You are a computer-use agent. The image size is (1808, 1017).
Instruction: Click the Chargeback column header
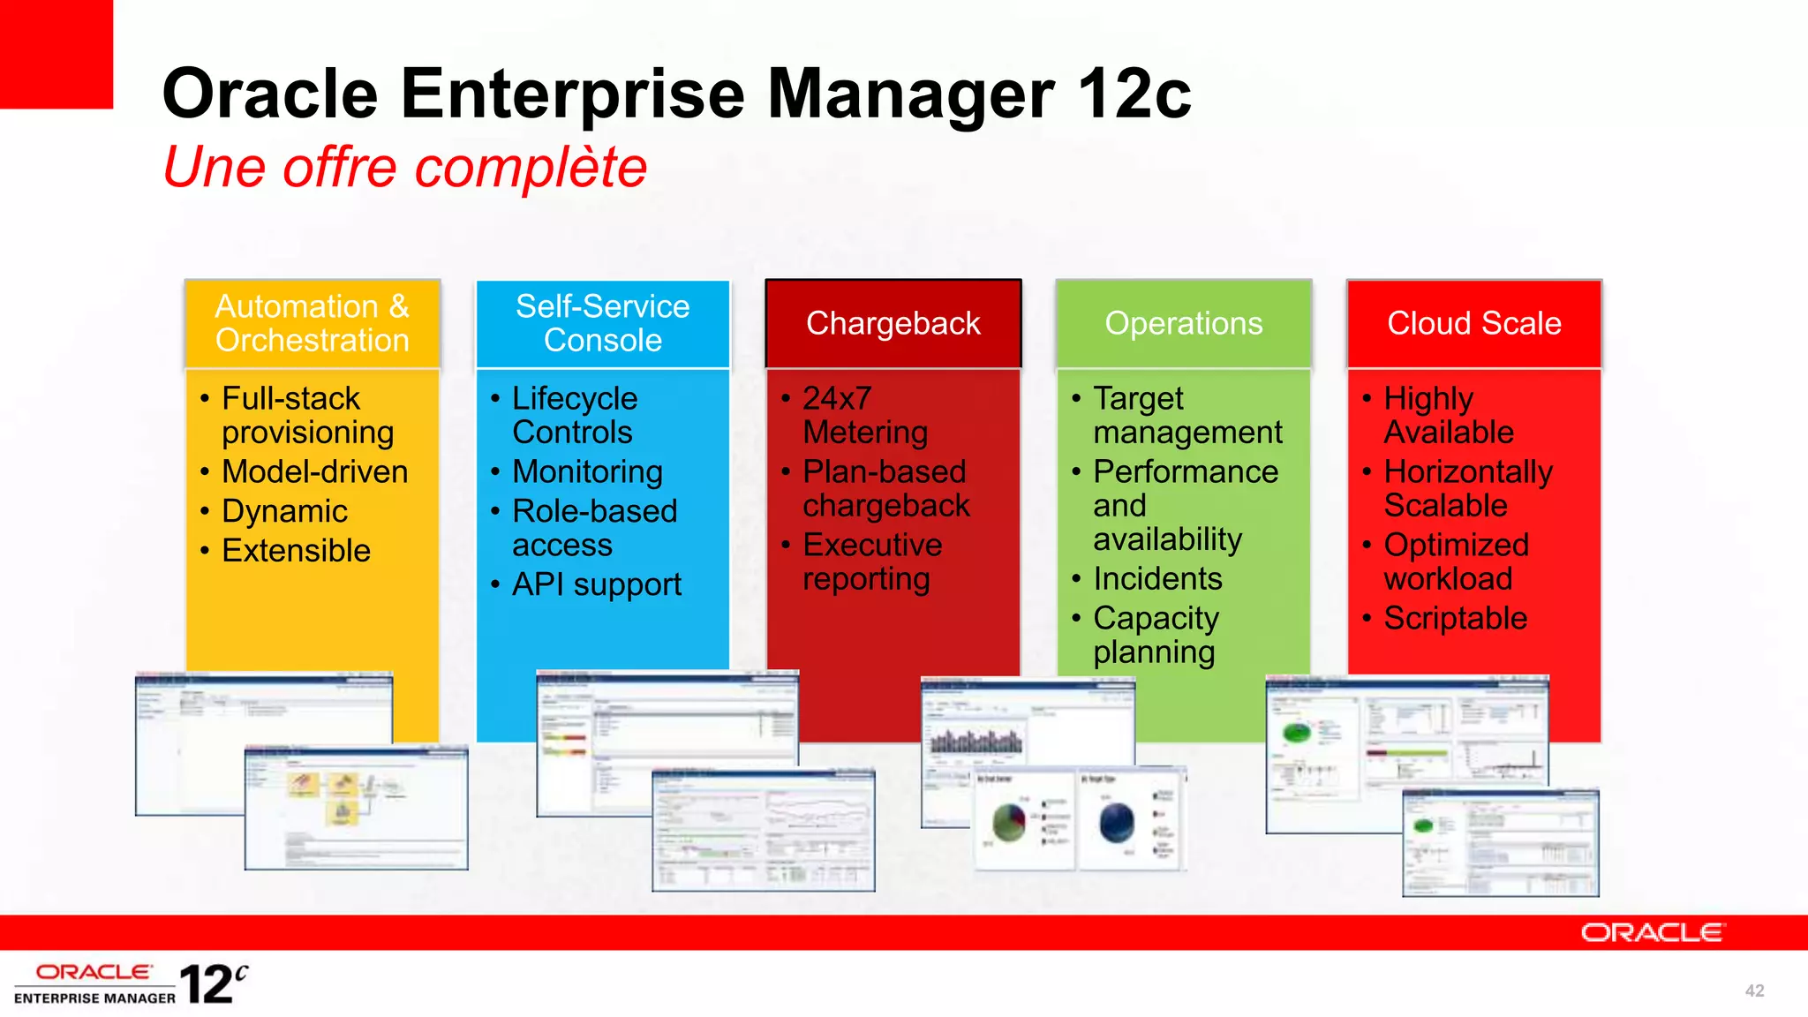point(893,323)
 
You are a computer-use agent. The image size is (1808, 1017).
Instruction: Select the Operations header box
point(1183,323)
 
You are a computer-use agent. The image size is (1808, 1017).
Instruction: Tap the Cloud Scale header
point(1473,323)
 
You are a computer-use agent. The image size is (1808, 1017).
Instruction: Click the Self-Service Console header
point(602,323)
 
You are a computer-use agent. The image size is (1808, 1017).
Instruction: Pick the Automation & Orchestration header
point(312,323)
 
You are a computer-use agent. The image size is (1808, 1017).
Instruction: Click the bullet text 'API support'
point(597,584)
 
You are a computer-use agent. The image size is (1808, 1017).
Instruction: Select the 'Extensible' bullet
point(296,551)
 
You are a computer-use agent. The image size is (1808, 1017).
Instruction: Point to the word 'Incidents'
point(1157,579)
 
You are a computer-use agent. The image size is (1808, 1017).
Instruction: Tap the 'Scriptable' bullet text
point(1455,618)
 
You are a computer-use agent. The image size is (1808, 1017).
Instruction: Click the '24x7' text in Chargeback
point(837,398)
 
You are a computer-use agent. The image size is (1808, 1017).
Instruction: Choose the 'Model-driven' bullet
point(314,471)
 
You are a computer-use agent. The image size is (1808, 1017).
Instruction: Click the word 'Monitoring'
point(587,471)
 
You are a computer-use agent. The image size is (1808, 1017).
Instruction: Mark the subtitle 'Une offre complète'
point(405,167)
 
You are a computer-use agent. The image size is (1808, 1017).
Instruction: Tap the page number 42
point(1754,991)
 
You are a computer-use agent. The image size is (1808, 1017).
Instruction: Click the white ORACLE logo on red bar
point(1651,933)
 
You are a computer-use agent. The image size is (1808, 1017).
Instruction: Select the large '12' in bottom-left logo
point(207,984)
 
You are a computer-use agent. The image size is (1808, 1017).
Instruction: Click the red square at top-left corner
point(56,53)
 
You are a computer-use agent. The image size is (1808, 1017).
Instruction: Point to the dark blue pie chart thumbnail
point(1117,822)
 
